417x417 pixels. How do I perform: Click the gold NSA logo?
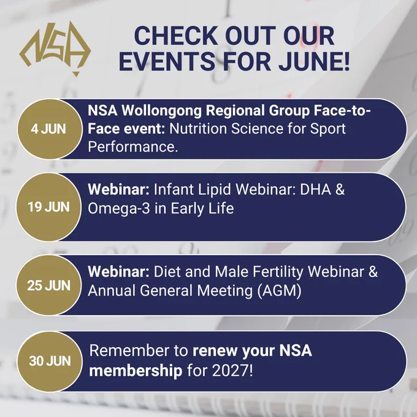tap(55, 48)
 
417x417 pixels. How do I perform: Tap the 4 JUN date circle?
tap(49, 129)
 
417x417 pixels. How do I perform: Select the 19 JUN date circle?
tap(48, 207)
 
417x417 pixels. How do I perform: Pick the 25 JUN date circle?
tap(48, 285)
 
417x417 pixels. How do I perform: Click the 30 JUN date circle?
tap(50, 361)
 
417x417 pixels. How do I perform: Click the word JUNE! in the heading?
tap(314, 61)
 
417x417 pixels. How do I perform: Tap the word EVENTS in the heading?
tap(167, 61)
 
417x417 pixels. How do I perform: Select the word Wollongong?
tap(161, 111)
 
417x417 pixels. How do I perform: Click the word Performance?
tap(132, 147)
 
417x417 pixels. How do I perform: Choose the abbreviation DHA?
tap(316, 189)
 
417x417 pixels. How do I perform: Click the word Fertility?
tap(278, 272)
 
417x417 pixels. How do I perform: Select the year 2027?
tap(232, 370)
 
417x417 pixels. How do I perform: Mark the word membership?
tap(136, 371)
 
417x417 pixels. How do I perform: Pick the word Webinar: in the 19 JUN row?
tap(118, 189)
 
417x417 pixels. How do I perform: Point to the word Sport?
tap(328, 129)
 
